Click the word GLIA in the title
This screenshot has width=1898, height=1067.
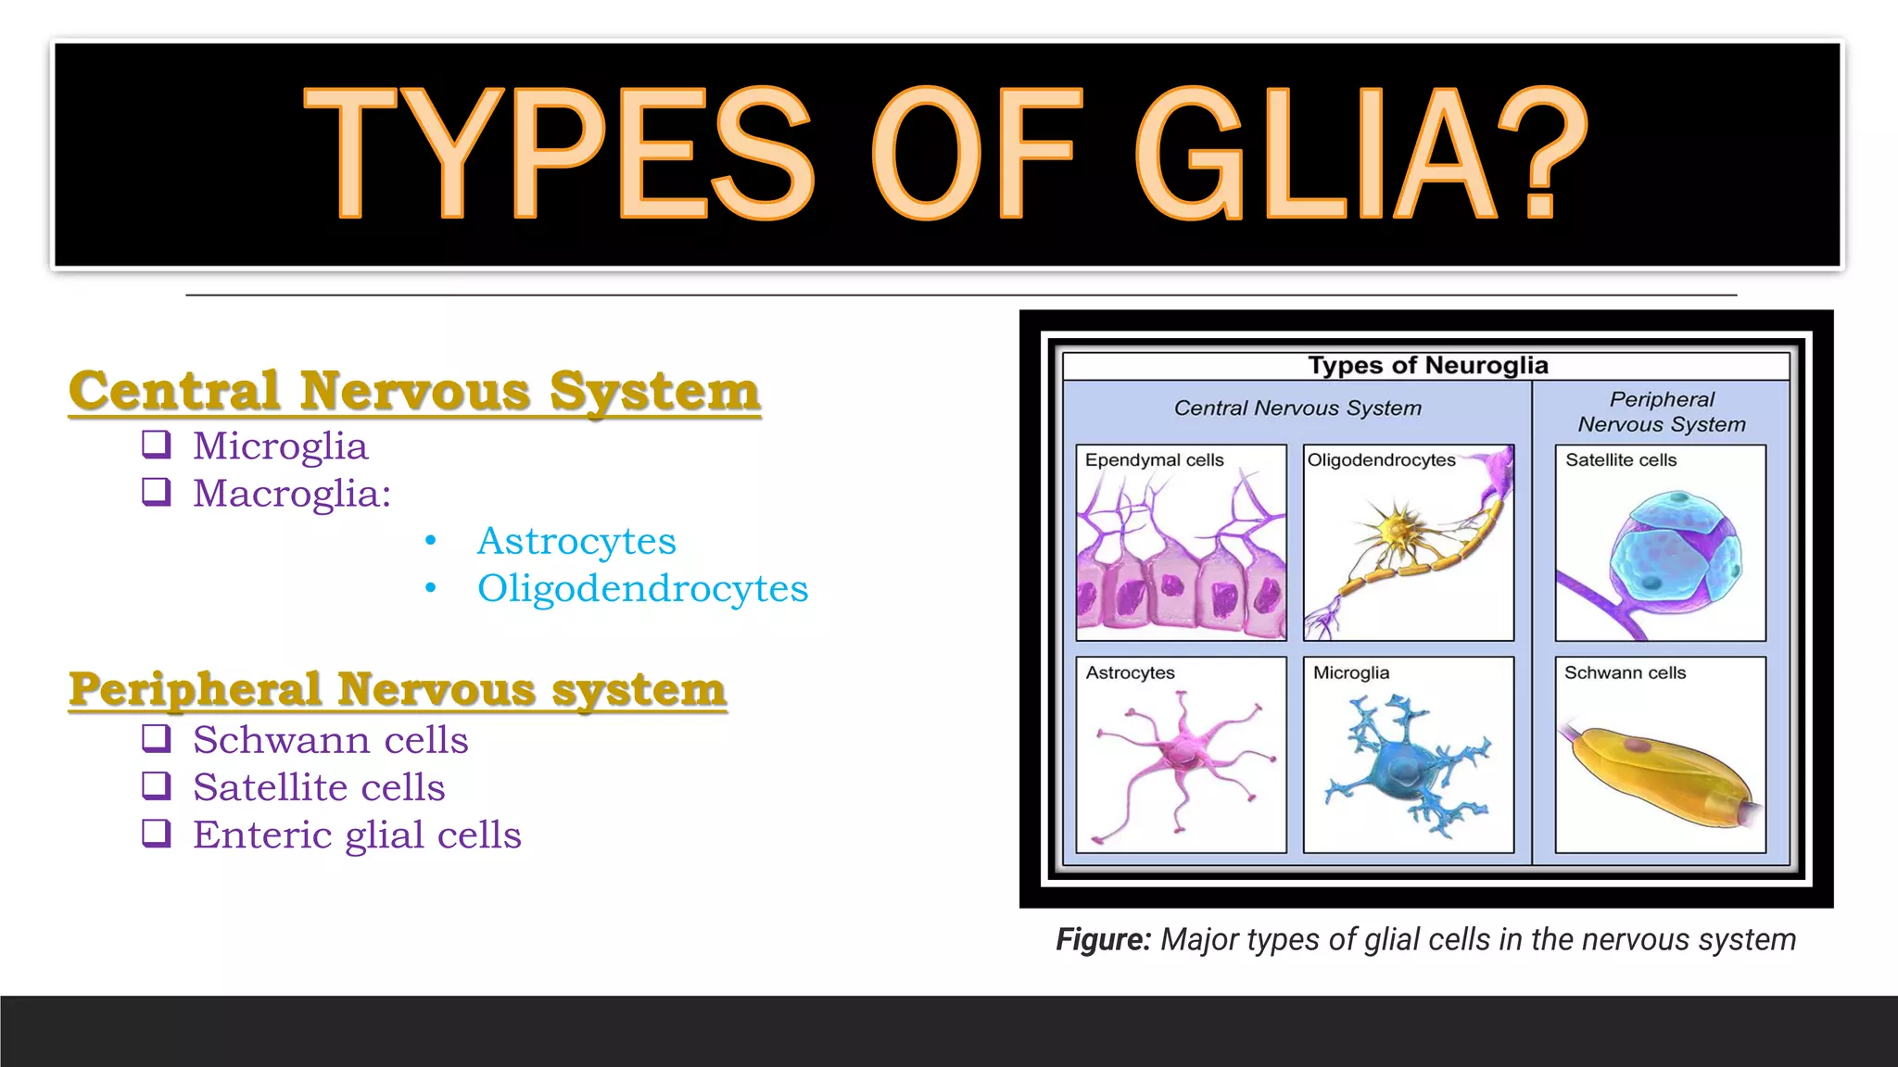tap(1316, 153)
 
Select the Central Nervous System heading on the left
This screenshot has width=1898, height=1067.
tap(414, 390)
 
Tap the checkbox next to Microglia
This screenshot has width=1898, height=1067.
tap(157, 445)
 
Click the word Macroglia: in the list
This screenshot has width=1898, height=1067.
tap(291, 493)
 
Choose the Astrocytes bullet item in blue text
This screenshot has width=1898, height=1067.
tap(576, 541)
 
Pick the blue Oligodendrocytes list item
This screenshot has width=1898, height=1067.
tap(642, 588)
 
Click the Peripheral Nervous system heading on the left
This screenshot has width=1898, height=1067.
tap(397, 689)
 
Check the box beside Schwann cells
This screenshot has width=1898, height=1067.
tap(157, 738)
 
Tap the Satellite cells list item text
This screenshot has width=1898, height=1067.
tap(319, 787)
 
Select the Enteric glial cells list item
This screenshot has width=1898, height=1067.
tap(356, 835)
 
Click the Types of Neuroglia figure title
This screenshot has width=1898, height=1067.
tap(1427, 365)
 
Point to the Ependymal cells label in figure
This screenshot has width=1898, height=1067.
tap(1154, 460)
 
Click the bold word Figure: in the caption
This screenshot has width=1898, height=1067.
tap(1103, 939)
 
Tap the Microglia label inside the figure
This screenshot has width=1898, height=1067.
tap(1350, 673)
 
